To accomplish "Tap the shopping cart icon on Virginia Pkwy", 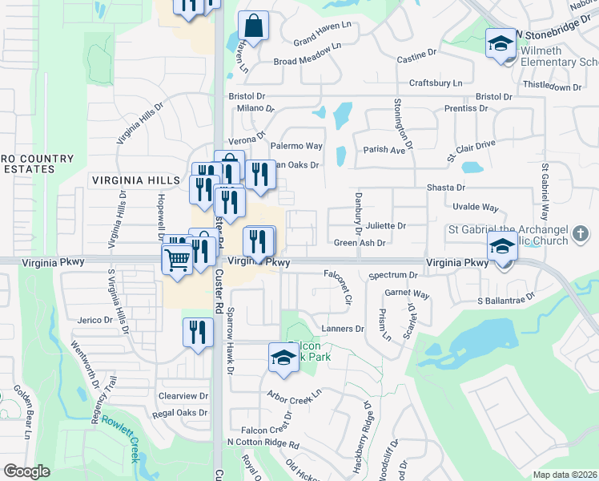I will tap(178, 257).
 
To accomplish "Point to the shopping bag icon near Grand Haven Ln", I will tap(253, 26).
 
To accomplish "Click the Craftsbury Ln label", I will tap(436, 83).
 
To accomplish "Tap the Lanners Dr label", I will tap(343, 329).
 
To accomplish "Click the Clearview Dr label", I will tap(183, 396).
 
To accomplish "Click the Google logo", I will tap(27, 471).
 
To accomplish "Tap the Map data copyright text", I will tap(565, 475).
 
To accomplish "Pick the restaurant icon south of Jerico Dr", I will tap(198, 331).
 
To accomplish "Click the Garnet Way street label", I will tap(408, 295).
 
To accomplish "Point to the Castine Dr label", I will tap(416, 59).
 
